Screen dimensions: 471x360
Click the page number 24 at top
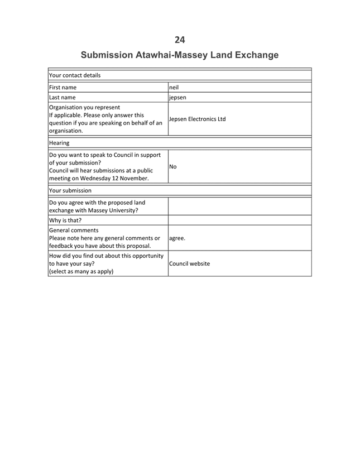180,39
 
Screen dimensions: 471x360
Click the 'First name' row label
63,87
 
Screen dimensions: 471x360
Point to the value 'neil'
174,87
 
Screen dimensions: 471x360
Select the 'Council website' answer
191,263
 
